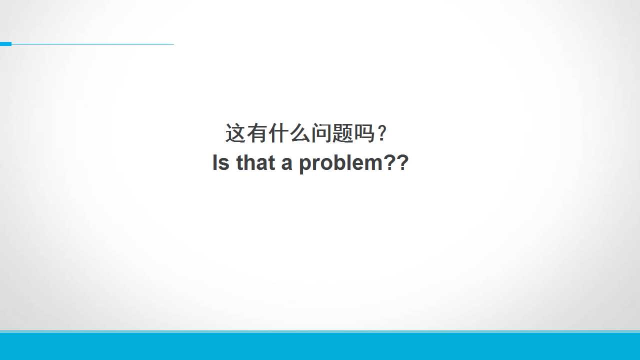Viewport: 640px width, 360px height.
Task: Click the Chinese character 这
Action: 235,133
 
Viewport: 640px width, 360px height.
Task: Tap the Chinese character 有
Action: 257,133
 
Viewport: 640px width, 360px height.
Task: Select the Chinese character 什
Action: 278,133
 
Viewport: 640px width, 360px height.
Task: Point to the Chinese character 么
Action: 300,133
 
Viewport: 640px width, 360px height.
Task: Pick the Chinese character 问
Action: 321,133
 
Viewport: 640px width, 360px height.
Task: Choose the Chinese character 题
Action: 343,133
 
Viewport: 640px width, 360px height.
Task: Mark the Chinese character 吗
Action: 364,133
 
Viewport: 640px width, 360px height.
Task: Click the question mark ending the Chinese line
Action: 381,133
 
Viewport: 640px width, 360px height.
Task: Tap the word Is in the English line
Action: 221,162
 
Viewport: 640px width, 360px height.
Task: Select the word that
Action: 255,162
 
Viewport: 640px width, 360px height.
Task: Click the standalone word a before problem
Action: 287,164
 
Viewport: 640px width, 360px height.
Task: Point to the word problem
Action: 341,163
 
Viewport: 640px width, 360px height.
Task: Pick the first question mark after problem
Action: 389,162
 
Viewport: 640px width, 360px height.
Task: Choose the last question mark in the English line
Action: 402,162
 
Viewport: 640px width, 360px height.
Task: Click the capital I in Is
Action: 215,162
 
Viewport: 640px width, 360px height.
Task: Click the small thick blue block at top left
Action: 5,44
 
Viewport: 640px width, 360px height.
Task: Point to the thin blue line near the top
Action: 92,44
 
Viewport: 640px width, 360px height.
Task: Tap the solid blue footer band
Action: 320,346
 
